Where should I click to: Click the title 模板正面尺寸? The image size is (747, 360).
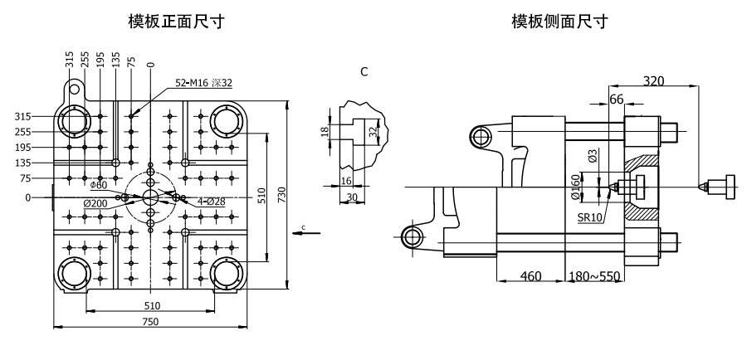pos(176,22)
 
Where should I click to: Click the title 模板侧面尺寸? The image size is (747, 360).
pos(559,22)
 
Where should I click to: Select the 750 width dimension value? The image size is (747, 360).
pos(150,322)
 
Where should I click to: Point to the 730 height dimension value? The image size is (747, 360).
pos(281,195)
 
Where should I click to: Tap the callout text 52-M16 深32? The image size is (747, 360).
pos(203,83)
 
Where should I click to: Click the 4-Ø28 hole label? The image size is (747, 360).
pos(212,202)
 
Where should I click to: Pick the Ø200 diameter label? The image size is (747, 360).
pos(95,203)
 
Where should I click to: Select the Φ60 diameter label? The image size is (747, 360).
pos(99,184)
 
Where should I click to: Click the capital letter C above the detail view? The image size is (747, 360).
pos(364,72)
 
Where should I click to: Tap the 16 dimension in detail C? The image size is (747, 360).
pos(346,181)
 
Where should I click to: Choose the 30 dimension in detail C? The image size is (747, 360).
pos(352,197)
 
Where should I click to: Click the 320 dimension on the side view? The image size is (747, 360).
pos(654,81)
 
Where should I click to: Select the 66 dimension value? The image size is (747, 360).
pos(617,99)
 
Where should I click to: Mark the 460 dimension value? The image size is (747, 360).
pos(530,275)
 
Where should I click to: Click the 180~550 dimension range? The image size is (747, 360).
pos(595,275)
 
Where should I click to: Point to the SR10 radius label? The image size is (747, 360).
pos(590,218)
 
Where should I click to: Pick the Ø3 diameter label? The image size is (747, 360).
pos(593,156)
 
